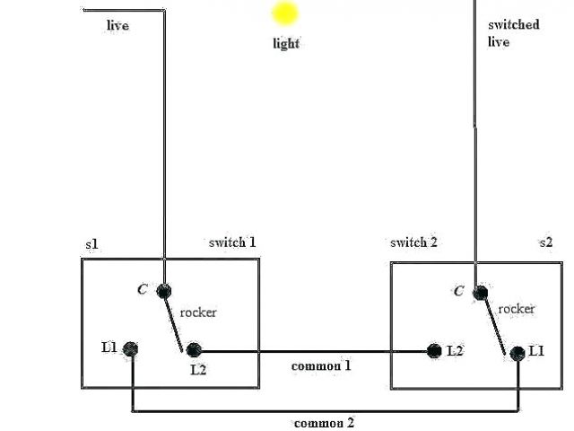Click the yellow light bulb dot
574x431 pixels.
pos(285,13)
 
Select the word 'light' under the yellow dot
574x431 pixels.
pos(286,43)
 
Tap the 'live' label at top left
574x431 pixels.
pos(117,25)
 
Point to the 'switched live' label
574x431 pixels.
pos(513,33)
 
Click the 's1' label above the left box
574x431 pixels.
pos(91,244)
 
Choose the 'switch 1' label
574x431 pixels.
pos(232,242)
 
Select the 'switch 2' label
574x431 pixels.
pos(413,242)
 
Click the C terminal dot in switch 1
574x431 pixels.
pos(164,290)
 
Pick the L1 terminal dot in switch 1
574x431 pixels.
pos(131,348)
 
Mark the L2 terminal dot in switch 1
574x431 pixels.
pos(192,350)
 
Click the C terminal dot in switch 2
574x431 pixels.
pos(482,291)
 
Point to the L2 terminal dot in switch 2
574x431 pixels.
pos(435,351)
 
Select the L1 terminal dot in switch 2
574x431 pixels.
pos(517,353)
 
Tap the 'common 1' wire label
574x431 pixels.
pos(321,366)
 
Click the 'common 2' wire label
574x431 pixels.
pos(325,423)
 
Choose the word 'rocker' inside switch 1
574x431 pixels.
pos(198,312)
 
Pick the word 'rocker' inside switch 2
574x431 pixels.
pos(517,309)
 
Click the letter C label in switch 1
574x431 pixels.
pos(142,289)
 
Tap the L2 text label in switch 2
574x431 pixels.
pos(455,351)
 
